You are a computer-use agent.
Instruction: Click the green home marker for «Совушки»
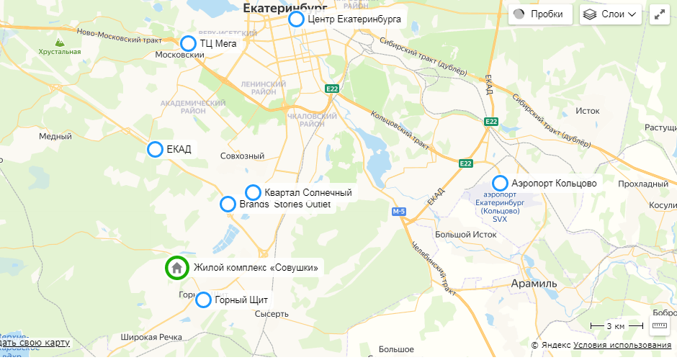pyautogui.click(x=176, y=268)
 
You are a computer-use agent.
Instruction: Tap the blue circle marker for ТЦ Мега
pyautogui.click(x=188, y=43)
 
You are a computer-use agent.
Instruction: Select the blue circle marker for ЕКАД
pyautogui.click(x=155, y=149)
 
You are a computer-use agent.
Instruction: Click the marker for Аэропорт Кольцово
pyautogui.click(x=500, y=183)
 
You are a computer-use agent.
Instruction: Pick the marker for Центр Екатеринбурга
pyautogui.click(x=296, y=19)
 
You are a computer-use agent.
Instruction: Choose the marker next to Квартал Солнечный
pyautogui.click(x=253, y=192)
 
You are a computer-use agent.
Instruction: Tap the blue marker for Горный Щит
pyautogui.click(x=204, y=300)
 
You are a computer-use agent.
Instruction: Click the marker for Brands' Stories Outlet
pyautogui.click(x=228, y=204)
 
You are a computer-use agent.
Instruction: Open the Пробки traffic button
pyautogui.click(x=540, y=14)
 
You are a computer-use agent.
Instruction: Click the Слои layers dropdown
pyautogui.click(x=611, y=14)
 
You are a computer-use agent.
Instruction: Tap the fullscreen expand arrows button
pyautogui.click(x=660, y=14)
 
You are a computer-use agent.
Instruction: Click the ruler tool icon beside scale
pyautogui.click(x=660, y=326)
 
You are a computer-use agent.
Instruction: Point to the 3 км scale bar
pyautogui.click(x=616, y=326)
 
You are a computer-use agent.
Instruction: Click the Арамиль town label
pyautogui.click(x=534, y=284)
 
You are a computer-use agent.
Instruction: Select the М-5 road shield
pyautogui.click(x=400, y=212)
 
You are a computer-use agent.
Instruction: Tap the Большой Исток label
pyautogui.click(x=466, y=235)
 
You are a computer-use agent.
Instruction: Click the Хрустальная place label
pyautogui.click(x=60, y=52)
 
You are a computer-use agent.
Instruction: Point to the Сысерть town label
pyautogui.click(x=272, y=314)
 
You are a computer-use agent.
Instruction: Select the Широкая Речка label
pyautogui.click(x=151, y=337)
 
